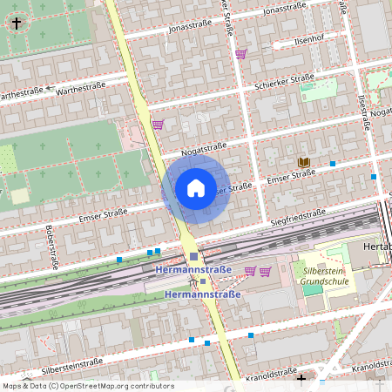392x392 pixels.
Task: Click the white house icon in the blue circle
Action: click(x=195, y=187)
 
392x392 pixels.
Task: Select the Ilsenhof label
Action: click(x=308, y=39)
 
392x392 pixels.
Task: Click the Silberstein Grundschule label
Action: click(x=324, y=275)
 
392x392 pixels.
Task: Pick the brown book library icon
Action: click(x=303, y=162)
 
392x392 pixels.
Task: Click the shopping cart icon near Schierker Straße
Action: click(x=241, y=54)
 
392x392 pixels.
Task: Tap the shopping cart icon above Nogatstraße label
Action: click(x=158, y=125)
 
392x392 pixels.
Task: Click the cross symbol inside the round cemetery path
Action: click(x=16, y=24)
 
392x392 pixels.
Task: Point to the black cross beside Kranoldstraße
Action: click(x=301, y=378)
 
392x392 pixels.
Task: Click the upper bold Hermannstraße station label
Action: click(x=193, y=270)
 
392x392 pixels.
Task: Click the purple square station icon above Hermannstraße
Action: click(x=193, y=256)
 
